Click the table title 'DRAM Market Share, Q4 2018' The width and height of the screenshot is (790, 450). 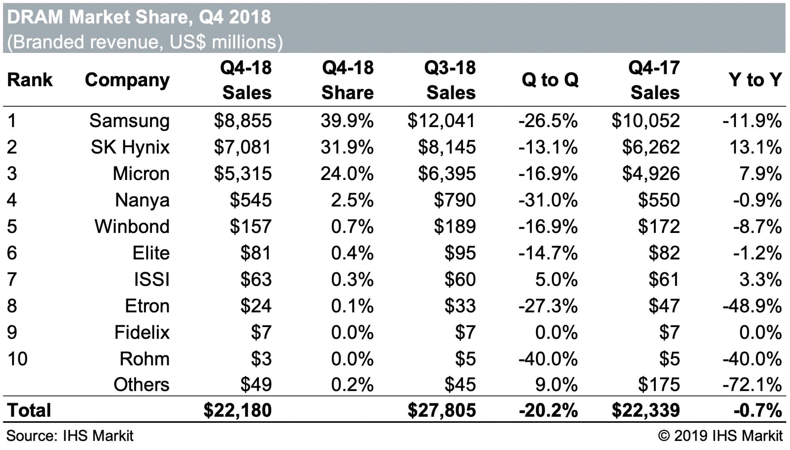click(139, 17)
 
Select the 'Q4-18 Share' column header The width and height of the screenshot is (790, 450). click(347, 80)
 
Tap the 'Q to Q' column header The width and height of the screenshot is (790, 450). click(550, 80)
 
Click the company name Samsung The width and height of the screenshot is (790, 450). click(129, 121)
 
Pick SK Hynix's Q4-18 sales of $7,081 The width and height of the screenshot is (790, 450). click(242, 147)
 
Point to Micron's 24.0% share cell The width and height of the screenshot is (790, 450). click(347, 174)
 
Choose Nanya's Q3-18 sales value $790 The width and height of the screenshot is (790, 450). click(454, 200)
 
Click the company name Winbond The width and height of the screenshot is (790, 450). click(132, 227)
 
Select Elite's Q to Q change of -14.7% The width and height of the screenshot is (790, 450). click(548, 253)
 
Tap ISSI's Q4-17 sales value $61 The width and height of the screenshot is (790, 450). click(664, 279)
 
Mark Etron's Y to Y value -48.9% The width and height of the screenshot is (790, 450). click(752, 306)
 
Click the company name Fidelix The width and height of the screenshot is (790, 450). click(142, 332)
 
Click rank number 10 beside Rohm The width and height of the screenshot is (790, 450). click(17, 359)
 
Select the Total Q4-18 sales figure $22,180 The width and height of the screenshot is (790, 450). click(237, 410)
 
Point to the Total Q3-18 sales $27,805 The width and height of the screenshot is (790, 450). click(441, 410)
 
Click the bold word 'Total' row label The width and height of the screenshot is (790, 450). click(29, 410)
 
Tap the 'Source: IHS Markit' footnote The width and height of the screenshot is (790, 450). click(70, 436)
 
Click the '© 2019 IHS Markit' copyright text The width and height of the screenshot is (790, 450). click(720, 436)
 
